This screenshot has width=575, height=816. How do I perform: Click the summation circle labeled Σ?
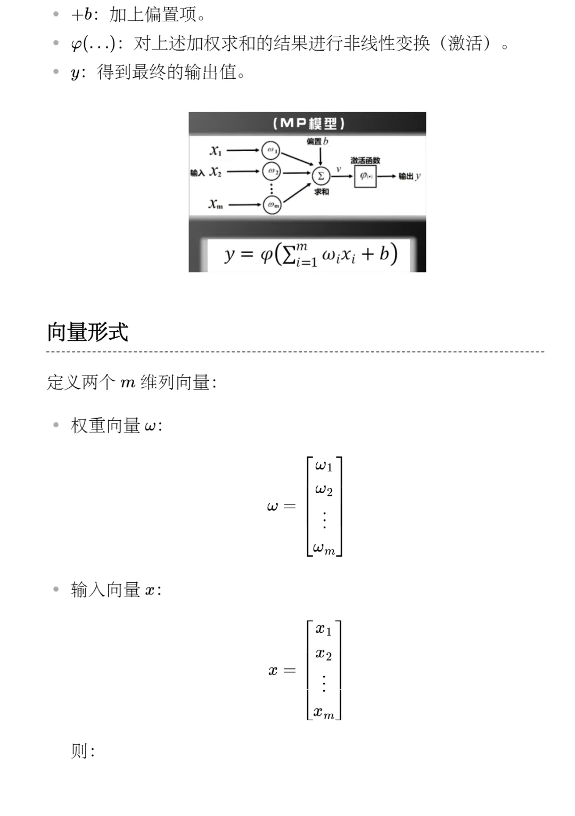(x=321, y=176)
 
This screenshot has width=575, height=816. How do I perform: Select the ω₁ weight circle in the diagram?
(x=271, y=150)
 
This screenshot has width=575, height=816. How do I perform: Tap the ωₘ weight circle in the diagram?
(x=272, y=205)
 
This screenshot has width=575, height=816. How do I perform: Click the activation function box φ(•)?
(x=365, y=176)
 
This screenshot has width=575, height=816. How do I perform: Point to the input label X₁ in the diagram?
(x=216, y=151)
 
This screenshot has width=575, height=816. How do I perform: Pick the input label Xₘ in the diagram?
(x=216, y=204)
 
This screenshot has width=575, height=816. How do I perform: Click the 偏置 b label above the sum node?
(x=317, y=141)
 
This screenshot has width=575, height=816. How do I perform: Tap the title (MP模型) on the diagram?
(x=308, y=124)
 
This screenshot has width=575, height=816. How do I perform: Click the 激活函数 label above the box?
(x=365, y=160)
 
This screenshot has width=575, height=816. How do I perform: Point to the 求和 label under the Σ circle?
(x=321, y=192)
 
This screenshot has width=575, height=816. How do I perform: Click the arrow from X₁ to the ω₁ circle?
(x=243, y=150)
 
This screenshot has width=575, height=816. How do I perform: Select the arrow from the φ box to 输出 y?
(x=387, y=176)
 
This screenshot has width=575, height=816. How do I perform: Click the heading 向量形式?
(x=88, y=332)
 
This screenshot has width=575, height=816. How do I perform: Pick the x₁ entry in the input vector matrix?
(x=323, y=630)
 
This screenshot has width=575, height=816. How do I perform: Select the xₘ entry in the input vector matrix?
(x=324, y=713)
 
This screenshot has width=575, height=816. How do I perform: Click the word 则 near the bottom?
(x=79, y=751)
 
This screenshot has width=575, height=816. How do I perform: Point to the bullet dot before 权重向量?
(x=56, y=425)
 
